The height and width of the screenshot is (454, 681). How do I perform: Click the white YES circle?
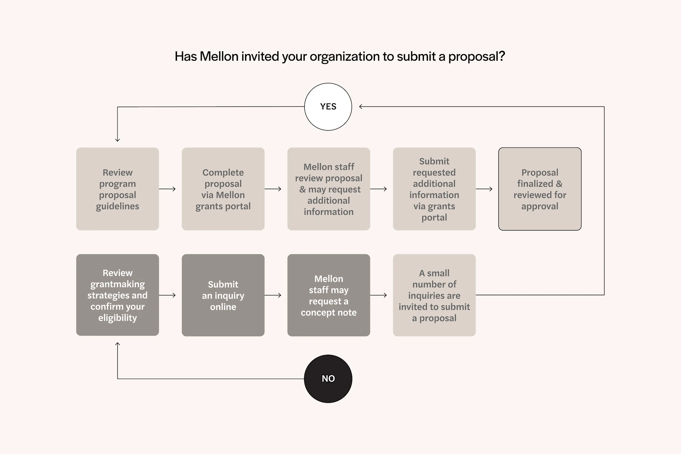328,107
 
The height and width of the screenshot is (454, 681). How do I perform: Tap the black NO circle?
328,378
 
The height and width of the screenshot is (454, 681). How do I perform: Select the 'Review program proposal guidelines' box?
117,189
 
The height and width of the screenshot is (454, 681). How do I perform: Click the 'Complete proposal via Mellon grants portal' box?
223,189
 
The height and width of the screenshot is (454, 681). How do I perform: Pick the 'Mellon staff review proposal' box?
328,189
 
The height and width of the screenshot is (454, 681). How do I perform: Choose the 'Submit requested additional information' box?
434,189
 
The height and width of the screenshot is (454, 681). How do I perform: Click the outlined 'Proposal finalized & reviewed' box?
539,189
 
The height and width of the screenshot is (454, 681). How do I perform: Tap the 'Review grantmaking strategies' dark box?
117,295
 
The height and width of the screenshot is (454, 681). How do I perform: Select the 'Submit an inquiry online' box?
223,295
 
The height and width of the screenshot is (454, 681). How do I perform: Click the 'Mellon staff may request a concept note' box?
328,295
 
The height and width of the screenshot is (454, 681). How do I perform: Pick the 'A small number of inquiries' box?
434,295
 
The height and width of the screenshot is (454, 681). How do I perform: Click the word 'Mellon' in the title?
219,56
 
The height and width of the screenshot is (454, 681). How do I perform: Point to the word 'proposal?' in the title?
476,56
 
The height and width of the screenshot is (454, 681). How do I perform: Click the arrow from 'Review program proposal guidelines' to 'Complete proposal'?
167,189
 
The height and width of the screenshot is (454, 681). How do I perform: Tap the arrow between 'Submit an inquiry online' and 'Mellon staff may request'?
273,295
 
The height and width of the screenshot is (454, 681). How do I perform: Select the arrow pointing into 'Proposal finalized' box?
484,189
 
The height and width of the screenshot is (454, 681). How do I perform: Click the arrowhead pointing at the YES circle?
361,106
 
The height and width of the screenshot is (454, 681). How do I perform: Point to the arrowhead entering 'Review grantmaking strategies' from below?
117,344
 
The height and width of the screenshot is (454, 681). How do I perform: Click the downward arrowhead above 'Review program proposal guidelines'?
117,140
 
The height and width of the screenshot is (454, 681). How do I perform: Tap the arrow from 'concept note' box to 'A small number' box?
378,295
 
